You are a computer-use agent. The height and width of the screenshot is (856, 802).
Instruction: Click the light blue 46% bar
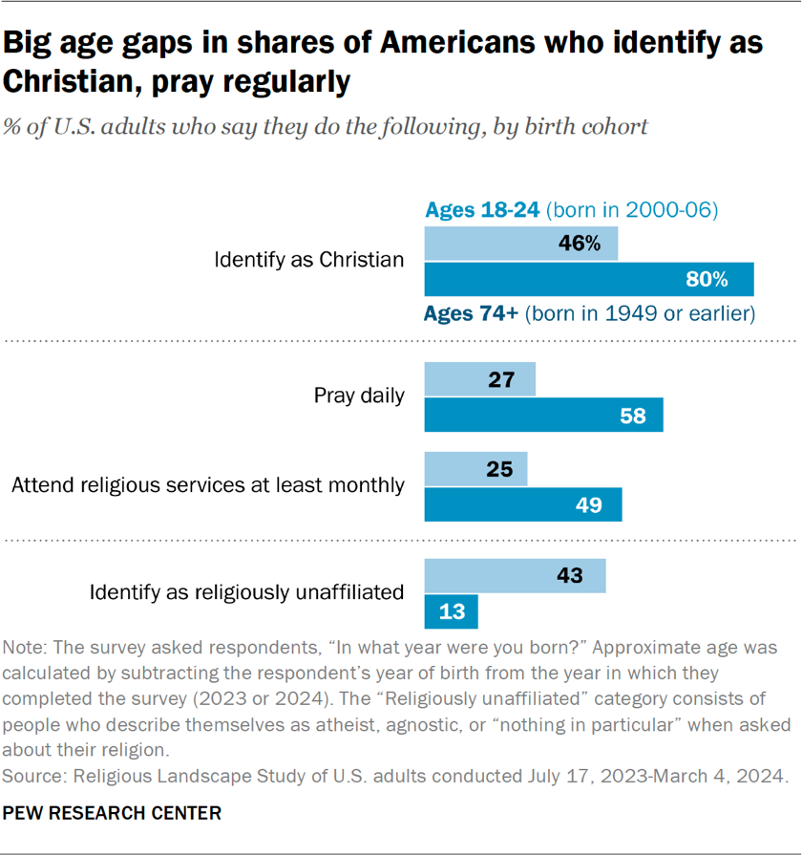[x=520, y=244]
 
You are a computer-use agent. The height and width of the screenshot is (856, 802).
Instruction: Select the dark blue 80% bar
[x=588, y=280]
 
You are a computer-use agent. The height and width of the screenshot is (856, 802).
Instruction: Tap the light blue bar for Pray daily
[x=479, y=379]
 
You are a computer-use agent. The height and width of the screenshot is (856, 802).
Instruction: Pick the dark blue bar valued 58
[x=543, y=416]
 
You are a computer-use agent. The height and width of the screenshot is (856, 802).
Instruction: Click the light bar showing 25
[x=475, y=469]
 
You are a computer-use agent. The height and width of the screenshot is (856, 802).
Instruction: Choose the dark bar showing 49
[x=522, y=504]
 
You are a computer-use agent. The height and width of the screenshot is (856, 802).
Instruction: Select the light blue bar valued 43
[x=515, y=576]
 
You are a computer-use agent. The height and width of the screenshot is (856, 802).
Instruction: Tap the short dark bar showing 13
[x=451, y=611]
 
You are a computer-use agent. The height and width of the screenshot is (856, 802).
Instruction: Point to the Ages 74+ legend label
[x=471, y=313]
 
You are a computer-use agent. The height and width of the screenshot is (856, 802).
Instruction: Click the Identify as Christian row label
[x=309, y=260]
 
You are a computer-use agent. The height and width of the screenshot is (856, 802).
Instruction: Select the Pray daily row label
[x=359, y=396]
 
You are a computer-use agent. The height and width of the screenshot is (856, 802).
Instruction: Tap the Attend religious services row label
[x=208, y=485]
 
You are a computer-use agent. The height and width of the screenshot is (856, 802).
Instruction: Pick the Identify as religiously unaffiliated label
[x=246, y=592]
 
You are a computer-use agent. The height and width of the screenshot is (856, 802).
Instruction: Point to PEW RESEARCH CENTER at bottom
[x=113, y=813]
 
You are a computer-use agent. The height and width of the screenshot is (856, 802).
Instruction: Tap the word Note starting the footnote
[x=26, y=647]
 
